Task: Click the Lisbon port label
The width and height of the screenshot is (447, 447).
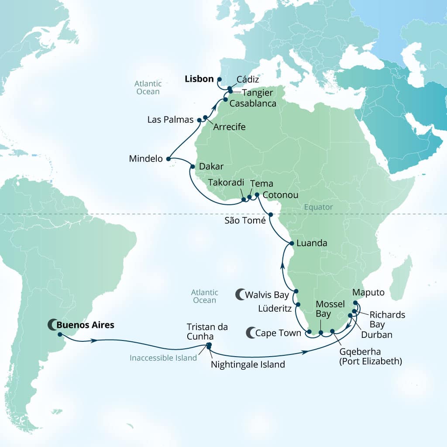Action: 199,79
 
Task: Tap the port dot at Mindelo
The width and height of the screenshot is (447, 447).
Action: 169,159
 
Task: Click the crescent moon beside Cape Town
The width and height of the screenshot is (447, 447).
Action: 251,333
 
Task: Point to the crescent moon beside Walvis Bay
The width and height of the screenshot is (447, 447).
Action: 240,295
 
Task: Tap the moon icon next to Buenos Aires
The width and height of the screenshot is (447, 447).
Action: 52,325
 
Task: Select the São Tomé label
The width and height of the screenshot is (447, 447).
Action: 245,221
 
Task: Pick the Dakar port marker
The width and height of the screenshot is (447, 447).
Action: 193,166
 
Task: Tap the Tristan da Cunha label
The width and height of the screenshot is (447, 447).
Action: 207,331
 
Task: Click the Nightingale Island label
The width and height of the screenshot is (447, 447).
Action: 248,364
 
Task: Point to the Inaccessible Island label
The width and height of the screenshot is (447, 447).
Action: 163,358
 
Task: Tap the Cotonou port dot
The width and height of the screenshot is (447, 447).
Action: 257,195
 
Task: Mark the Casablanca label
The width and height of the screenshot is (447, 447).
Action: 253,103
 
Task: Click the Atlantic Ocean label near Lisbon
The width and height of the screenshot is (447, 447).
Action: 148,87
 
